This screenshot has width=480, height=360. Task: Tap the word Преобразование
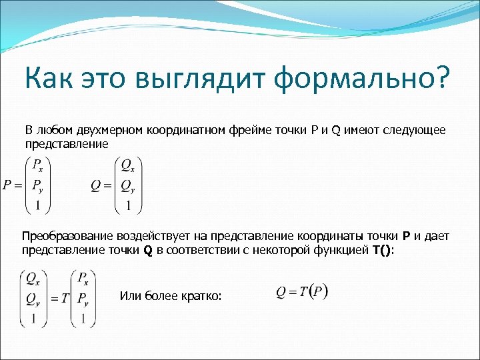pyautogui.click(x=67, y=237)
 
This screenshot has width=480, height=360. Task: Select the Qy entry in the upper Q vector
pyautogui.click(x=127, y=186)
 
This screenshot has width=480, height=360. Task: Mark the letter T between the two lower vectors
pyautogui.click(x=65, y=297)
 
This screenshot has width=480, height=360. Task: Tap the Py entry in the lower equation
pyautogui.click(x=85, y=297)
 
